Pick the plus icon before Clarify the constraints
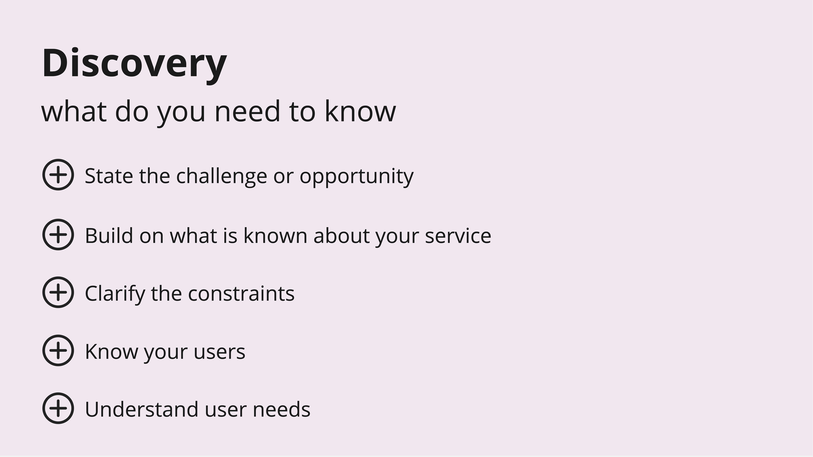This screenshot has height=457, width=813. point(58,292)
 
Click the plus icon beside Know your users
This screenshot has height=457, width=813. point(58,350)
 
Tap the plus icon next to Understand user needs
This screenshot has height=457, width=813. point(58,408)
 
